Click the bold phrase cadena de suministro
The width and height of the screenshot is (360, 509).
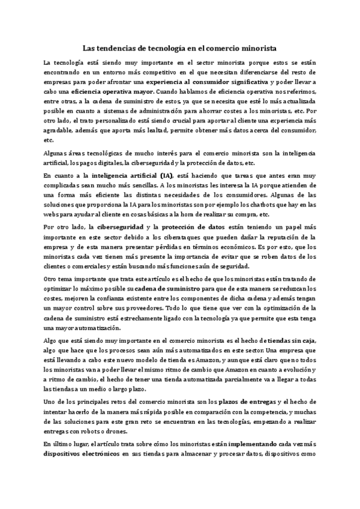(169, 289)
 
